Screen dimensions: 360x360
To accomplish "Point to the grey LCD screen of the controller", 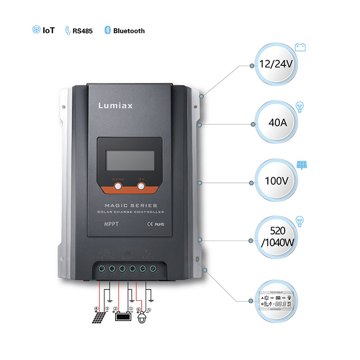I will pos(130,160).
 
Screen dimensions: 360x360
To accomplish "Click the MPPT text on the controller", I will pos(111,224).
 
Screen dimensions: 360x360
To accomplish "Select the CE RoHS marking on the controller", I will pos(153,224).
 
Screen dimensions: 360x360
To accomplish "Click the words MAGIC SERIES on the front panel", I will pos(131,205).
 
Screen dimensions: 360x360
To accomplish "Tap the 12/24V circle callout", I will pos(276,64).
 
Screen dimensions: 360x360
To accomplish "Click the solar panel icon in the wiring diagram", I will pos(100,317).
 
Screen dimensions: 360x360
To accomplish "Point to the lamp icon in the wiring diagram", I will pos(142,318).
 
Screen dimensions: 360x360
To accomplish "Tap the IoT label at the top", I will pos(44,30).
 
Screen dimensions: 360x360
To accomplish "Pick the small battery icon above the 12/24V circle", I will pos(300,47).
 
